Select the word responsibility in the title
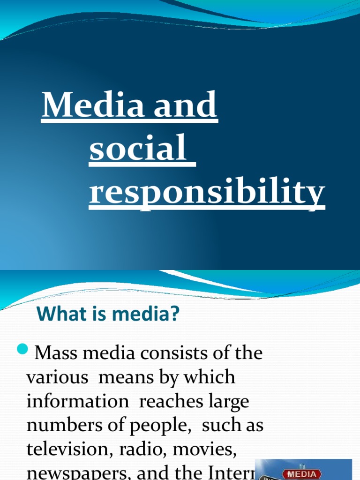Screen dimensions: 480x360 point(207,193)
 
